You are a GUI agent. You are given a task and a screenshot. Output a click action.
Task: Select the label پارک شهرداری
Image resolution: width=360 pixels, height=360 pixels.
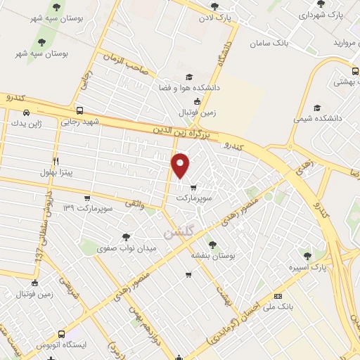[327, 15]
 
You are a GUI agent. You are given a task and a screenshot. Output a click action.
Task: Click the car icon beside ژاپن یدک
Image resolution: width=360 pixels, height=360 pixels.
[26, 112]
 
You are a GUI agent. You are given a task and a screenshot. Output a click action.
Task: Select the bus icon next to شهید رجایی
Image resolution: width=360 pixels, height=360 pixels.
[79, 111]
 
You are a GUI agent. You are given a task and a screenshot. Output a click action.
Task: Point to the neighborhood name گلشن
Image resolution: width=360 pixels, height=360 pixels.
[176, 231]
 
